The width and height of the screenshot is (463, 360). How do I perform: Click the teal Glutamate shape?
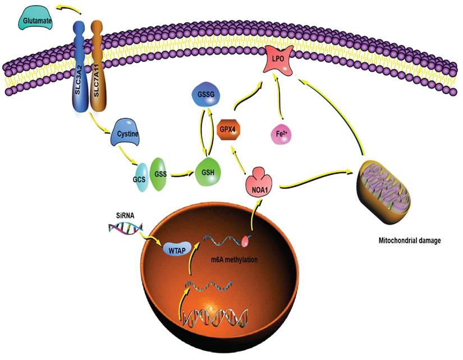pyautogui.click(x=36, y=22)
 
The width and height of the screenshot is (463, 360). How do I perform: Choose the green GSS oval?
pyautogui.click(x=159, y=174)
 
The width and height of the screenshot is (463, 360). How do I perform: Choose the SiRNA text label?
pyautogui.click(x=119, y=214)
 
